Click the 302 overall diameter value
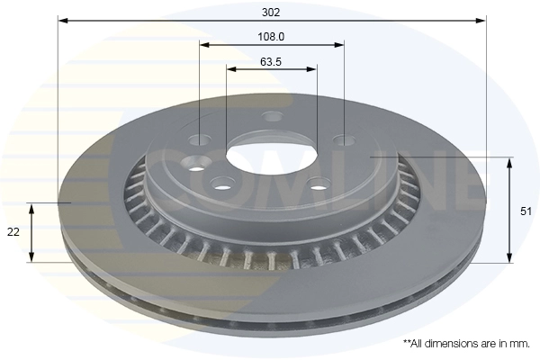pyautogui.click(x=271, y=13)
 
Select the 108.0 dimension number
pyautogui.click(x=272, y=37)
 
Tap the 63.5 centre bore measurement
pyautogui.click(x=271, y=62)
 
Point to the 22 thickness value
pyautogui.click(x=13, y=232)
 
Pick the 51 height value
pyautogui.click(x=526, y=211)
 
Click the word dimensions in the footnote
pyautogui.click(x=449, y=344)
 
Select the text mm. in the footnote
pyautogui.click(x=520, y=344)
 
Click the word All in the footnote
pyautogui.click(x=417, y=344)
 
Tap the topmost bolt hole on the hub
pyautogui.click(x=273, y=116)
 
